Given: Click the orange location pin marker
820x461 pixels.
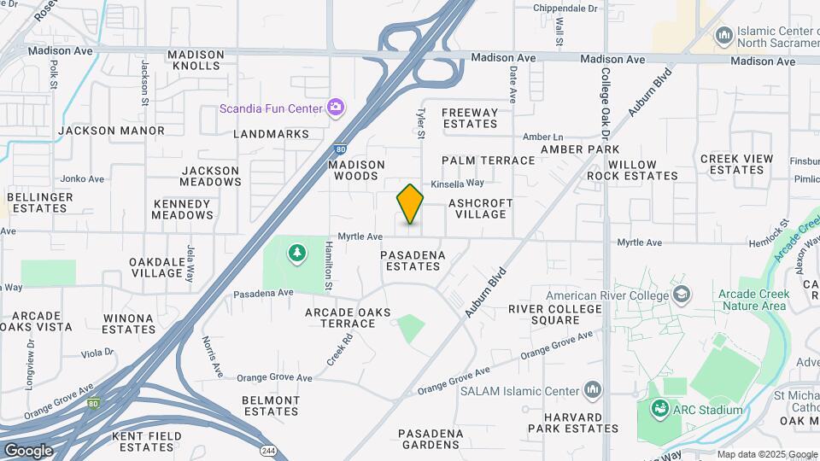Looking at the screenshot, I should [x=410, y=204].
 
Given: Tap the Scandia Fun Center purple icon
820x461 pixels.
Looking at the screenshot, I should [x=336, y=108].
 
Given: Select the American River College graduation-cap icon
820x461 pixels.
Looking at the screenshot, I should [x=682, y=295].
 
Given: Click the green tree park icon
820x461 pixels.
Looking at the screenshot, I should [x=296, y=253].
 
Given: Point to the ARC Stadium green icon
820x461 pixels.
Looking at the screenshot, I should [x=659, y=410].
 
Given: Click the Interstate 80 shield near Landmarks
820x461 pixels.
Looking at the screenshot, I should [x=340, y=148].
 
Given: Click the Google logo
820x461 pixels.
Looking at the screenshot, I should [x=28, y=450].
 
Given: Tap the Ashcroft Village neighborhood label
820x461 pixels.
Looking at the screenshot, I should [x=481, y=208].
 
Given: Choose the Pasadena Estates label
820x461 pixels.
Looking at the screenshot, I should [x=411, y=260].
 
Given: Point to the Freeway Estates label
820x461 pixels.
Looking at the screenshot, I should [x=470, y=118].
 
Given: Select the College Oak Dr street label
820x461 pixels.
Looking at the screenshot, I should [x=605, y=104].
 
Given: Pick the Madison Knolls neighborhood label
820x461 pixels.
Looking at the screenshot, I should [x=196, y=60].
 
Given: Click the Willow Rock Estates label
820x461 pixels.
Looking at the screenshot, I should [x=632, y=170].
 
